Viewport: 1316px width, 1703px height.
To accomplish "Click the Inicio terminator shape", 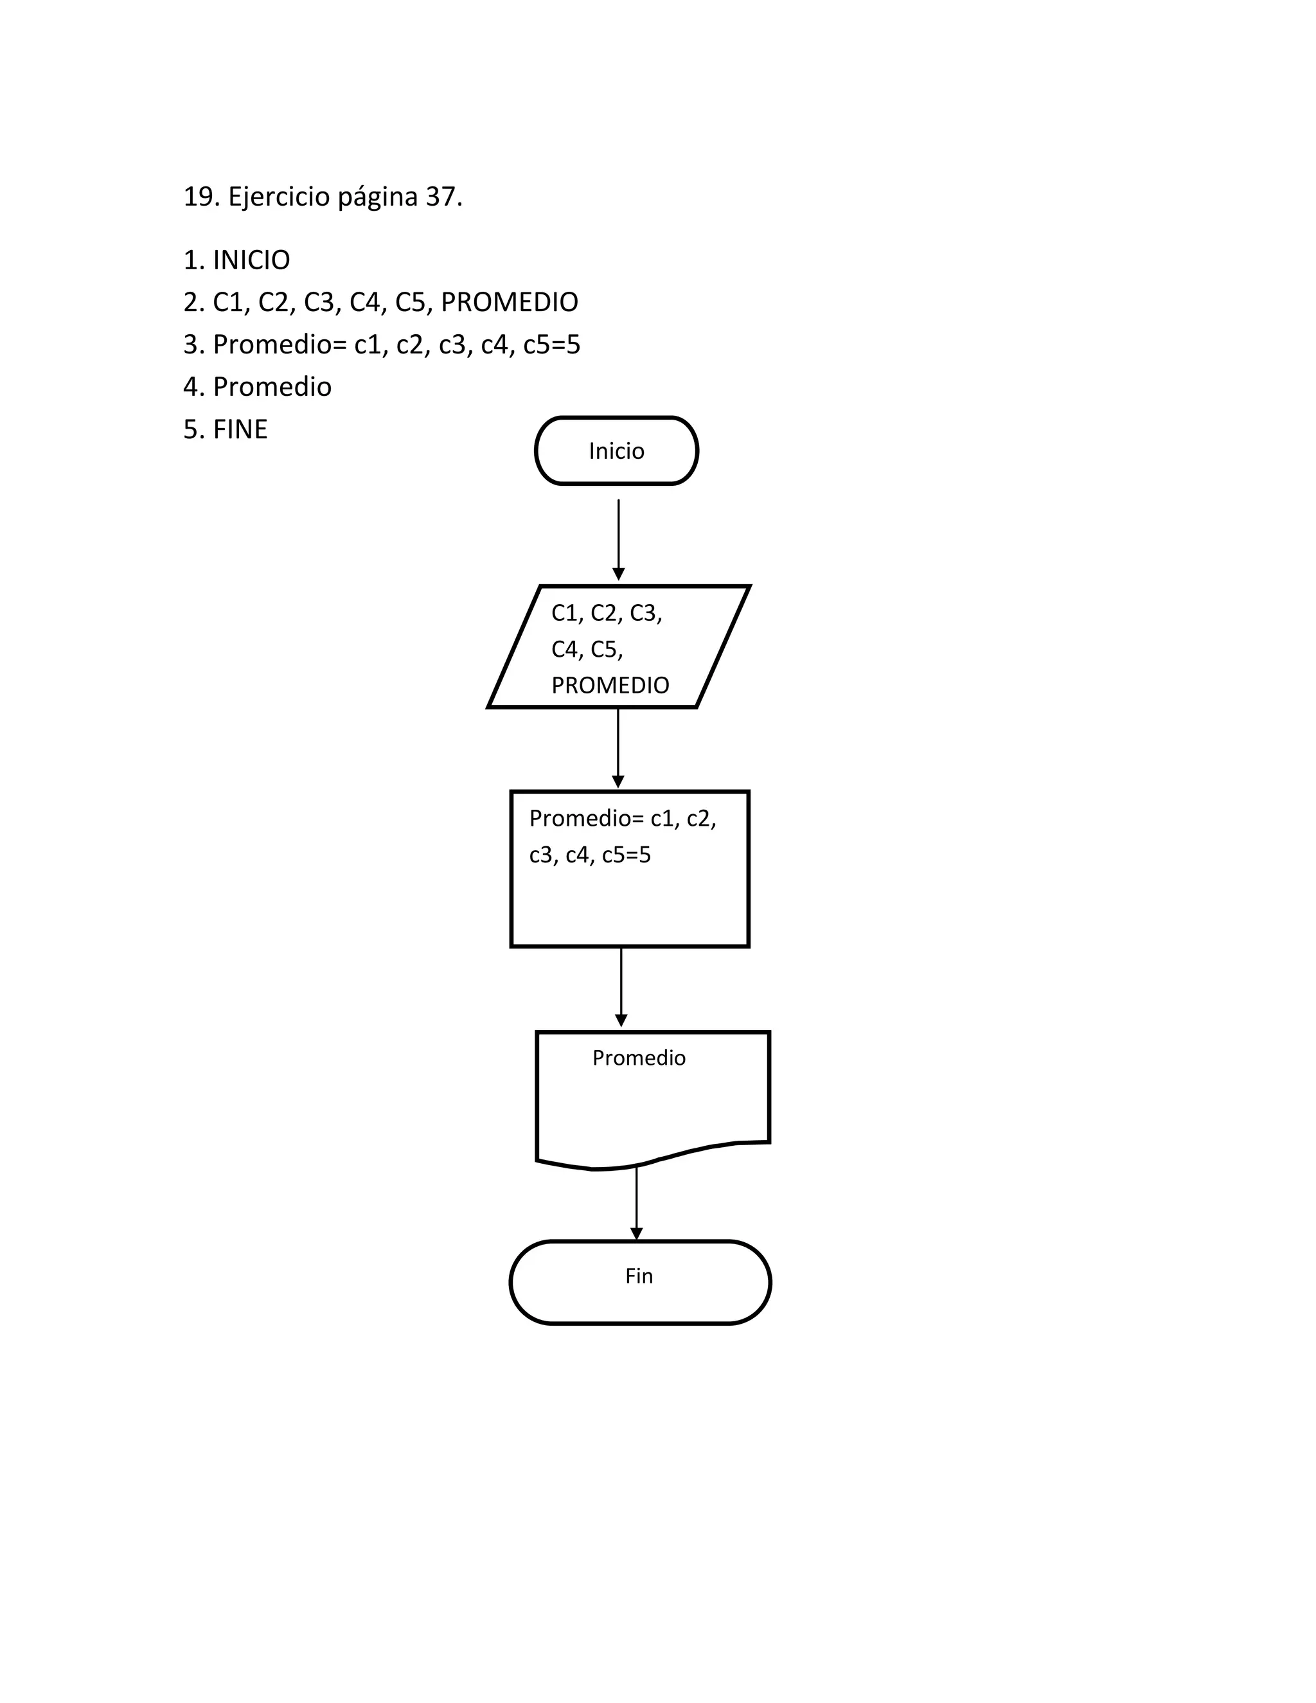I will (x=616, y=450).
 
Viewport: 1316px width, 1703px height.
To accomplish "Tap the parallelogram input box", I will (x=618, y=646).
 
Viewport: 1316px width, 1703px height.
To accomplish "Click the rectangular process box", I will (x=629, y=896).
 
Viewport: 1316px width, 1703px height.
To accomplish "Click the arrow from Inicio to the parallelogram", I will (x=618, y=538).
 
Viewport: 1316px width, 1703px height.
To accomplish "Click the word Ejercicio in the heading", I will (x=278, y=197).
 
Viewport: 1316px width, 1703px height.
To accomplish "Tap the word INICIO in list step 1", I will (x=251, y=260).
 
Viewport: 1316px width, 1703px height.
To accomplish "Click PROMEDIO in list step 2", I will (x=509, y=302).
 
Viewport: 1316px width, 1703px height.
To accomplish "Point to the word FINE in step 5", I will (x=240, y=429).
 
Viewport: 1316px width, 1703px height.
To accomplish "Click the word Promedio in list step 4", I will (x=272, y=387).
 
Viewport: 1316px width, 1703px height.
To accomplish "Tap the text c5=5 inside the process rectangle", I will (x=626, y=855).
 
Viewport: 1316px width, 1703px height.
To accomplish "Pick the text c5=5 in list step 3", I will (x=551, y=344).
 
